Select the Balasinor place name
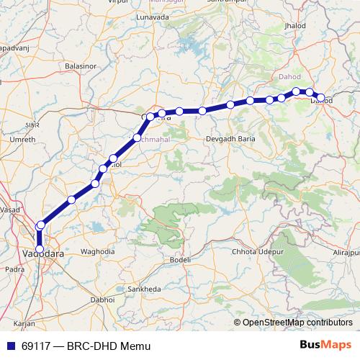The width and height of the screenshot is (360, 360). (79, 66)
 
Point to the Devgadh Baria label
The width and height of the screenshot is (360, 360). (232, 138)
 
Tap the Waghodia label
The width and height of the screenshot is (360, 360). (98, 251)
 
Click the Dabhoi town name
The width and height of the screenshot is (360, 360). (102, 299)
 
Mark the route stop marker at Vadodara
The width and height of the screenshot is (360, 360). (40, 250)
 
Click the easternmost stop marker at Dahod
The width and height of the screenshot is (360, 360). (320, 98)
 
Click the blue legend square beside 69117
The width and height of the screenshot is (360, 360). (10, 346)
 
